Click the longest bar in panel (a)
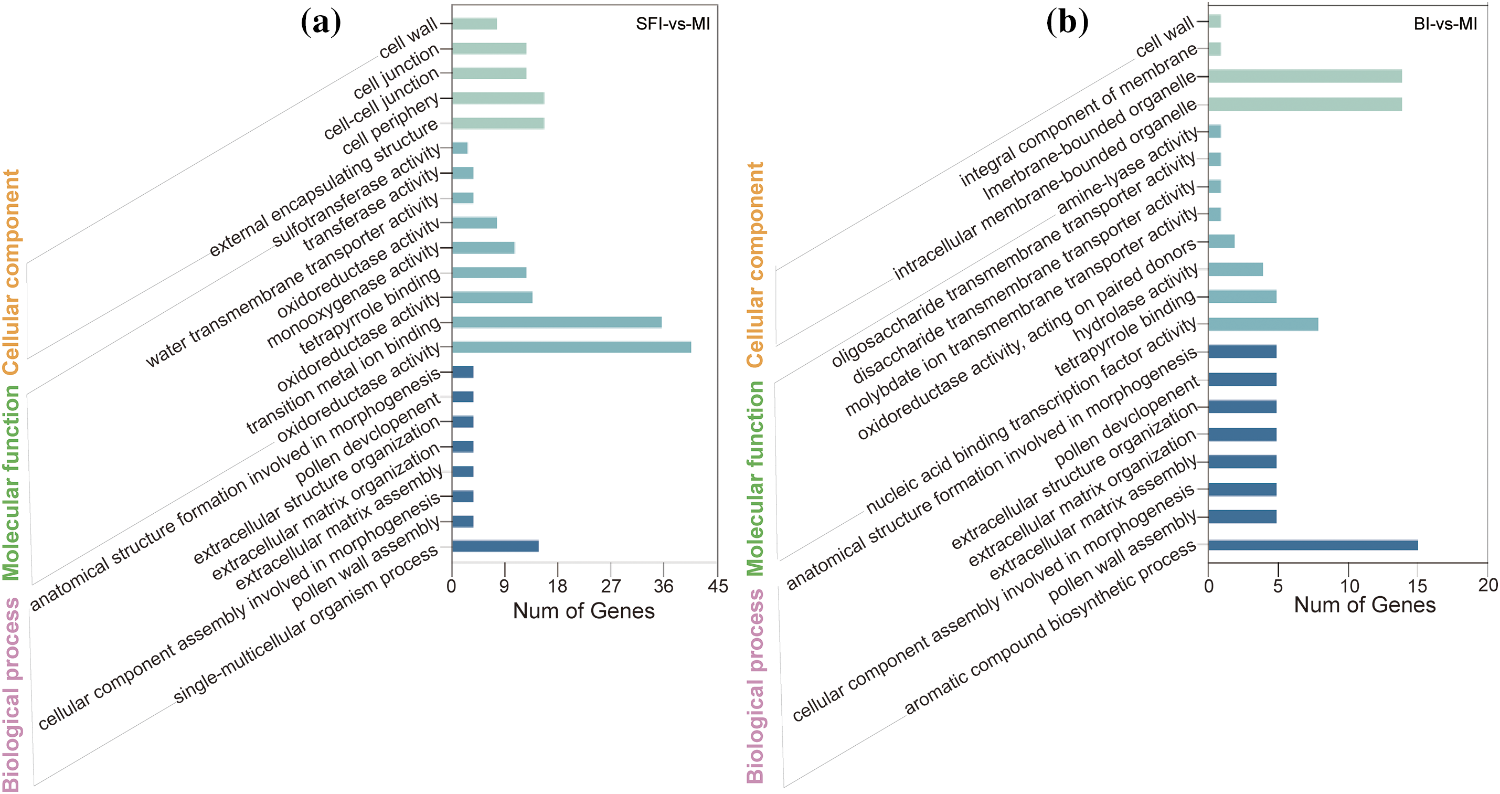(x=571, y=347)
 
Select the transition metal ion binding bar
(x=556, y=322)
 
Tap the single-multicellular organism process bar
(x=494, y=546)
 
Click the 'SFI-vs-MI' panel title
(x=672, y=24)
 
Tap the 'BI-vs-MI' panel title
(x=1445, y=24)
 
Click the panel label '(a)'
(x=321, y=23)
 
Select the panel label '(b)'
(x=1067, y=23)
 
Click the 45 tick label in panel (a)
(x=717, y=586)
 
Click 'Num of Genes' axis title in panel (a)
(x=583, y=611)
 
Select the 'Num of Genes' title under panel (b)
(x=1364, y=605)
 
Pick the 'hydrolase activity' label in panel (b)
(x=1135, y=303)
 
